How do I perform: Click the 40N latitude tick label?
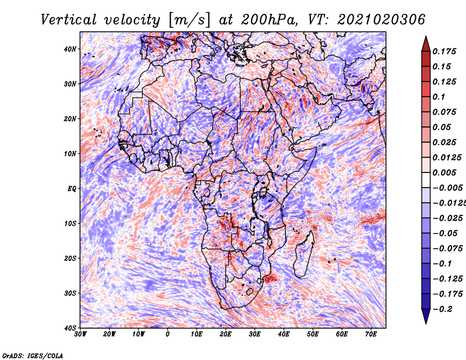(70, 49)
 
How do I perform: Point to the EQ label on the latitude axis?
(72, 189)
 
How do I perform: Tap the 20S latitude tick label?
(70, 258)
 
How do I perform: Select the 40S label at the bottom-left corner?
(70, 328)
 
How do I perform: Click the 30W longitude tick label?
(80, 334)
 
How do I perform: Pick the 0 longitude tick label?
(168, 334)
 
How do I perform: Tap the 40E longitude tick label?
(284, 334)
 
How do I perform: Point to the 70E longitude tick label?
(371, 334)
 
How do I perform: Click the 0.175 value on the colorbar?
(444, 52)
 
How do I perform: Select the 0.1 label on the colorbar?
(439, 97)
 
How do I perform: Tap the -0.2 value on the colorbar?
(442, 309)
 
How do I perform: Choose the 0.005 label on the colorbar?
(444, 172)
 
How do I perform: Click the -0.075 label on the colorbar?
(447, 249)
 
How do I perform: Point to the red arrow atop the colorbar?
(426, 44)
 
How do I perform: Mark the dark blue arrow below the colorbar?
(426, 316)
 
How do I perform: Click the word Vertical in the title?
(69, 20)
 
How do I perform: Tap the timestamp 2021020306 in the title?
(381, 20)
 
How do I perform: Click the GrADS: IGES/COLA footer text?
(33, 355)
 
